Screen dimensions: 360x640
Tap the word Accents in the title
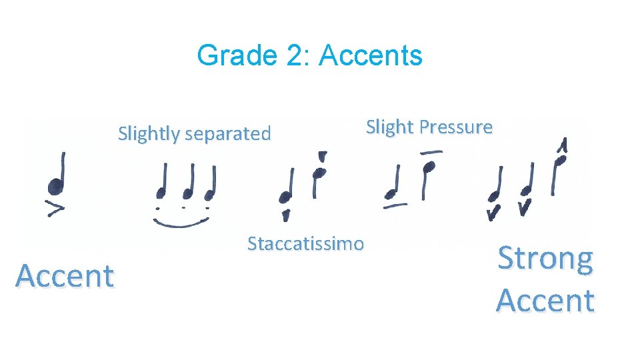point(371,55)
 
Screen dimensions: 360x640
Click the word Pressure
point(455,127)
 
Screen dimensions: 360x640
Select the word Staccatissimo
point(305,244)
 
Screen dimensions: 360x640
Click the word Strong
point(545,259)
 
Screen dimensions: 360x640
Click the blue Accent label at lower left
point(65,275)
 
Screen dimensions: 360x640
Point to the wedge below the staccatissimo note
point(286,215)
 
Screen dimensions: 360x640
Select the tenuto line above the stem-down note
point(431,153)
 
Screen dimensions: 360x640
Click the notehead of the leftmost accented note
point(55,188)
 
